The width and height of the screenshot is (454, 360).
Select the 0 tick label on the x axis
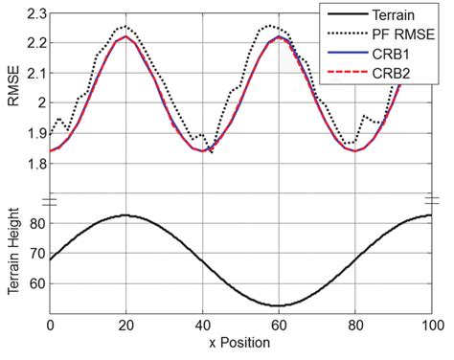coord(50,326)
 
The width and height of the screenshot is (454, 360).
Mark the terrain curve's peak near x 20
coord(125,215)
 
